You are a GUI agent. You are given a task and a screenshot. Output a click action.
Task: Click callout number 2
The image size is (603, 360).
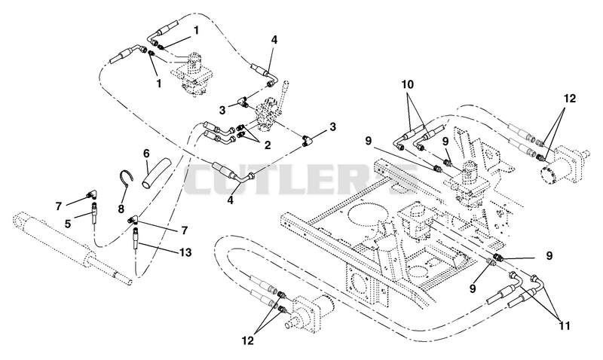pos(267,145)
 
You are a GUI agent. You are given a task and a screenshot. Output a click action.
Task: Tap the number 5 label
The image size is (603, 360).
pos(68,224)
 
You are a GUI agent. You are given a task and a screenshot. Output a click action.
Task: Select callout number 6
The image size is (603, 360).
pos(146,153)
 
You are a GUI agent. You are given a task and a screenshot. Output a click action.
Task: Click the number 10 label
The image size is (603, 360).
pos(408,84)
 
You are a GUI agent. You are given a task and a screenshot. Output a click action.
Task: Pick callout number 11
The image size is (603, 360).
pos(564,326)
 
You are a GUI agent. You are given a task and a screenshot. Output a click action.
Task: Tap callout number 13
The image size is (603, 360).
pos(185,252)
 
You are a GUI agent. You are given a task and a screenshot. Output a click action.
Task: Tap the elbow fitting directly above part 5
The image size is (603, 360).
pos(91,195)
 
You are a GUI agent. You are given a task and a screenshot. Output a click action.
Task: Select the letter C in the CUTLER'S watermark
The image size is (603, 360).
pos(203,180)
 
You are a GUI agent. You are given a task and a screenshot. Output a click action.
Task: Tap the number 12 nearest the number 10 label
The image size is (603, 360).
pos(570,99)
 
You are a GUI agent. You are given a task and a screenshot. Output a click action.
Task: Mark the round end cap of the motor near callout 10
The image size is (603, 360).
pos(549,177)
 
